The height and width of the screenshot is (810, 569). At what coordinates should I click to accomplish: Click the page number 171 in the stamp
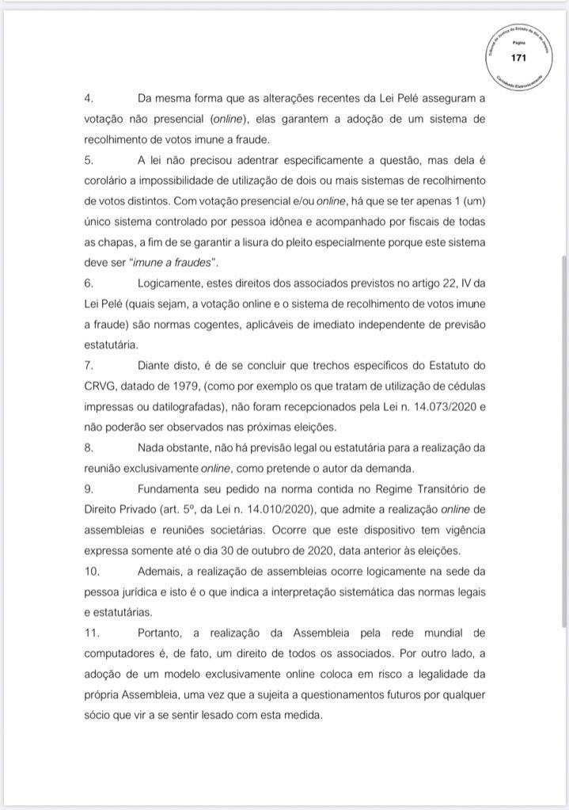point(518,57)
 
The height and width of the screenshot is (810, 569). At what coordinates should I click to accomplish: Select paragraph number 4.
point(89,99)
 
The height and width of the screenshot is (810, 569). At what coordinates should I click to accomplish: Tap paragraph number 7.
point(89,366)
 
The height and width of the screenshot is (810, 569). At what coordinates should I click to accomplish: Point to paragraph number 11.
point(92,633)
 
